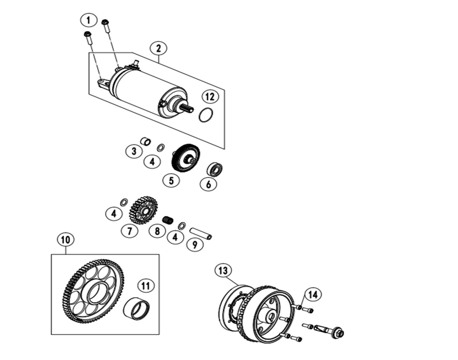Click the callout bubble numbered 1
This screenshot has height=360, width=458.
tap(89, 20)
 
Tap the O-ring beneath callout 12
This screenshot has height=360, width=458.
tap(206, 115)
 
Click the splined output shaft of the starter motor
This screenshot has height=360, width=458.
tap(188, 109)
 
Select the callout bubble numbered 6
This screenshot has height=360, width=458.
tap(209, 184)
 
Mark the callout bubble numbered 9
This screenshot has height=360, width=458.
tap(195, 245)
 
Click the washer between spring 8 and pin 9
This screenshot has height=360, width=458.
tap(182, 225)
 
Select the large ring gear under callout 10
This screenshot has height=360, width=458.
tap(94, 291)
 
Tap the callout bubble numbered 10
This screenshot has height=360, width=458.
tap(65, 239)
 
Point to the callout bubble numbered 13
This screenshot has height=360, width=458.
tap(223, 271)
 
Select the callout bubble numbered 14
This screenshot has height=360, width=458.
tap(312, 295)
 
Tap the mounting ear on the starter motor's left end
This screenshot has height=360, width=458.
tap(103, 83)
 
